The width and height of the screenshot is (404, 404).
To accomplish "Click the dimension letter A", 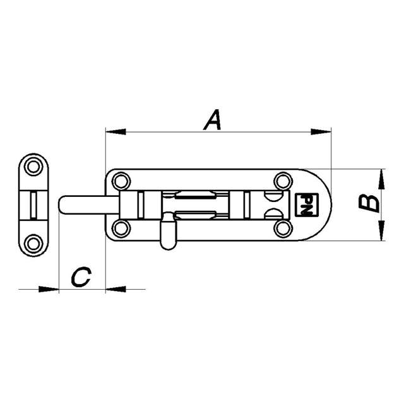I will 213,119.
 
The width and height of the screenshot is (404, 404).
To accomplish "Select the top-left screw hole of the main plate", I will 119,182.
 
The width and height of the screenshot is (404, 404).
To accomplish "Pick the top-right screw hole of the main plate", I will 281,182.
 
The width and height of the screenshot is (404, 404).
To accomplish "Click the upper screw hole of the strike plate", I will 33,167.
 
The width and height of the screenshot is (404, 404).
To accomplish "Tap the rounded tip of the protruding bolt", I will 63,205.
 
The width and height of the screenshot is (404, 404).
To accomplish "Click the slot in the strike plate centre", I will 33,205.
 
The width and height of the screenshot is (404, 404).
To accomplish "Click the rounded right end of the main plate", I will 325,205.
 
